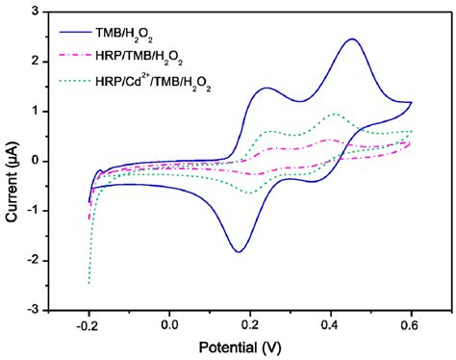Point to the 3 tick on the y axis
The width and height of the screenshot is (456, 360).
click(36, 12)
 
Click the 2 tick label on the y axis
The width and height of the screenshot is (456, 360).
click(36, 62)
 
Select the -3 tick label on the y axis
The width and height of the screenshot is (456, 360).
click(33, 310)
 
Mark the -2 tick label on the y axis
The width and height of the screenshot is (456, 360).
click(33, 261)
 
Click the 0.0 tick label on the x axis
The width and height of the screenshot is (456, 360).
click(169, 324)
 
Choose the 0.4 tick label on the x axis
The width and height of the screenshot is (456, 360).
click(331, 324)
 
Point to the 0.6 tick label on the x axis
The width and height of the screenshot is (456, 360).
click(412, 324)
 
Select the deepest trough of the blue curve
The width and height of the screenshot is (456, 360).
click(238, 251)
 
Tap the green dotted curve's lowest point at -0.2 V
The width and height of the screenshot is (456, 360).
click(89, 282)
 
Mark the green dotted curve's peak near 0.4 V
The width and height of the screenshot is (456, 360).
click(335, 114)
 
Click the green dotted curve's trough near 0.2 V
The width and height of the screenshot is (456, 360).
click(250, 193)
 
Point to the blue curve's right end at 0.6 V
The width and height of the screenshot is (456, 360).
click(412, 102)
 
